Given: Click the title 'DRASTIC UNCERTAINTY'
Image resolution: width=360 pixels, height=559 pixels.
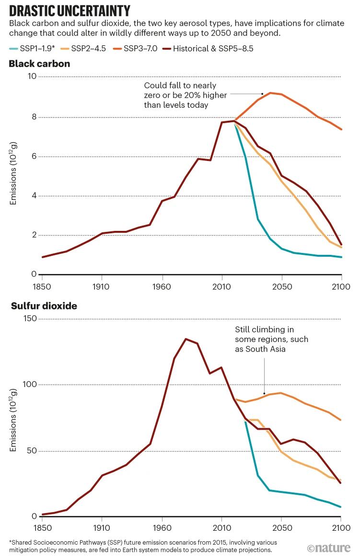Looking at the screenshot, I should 70,11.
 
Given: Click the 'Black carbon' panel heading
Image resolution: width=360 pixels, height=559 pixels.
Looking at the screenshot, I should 39,64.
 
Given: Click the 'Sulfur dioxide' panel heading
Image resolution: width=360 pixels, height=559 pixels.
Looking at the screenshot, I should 44,306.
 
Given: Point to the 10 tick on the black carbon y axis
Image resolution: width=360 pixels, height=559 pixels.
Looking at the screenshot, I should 32,77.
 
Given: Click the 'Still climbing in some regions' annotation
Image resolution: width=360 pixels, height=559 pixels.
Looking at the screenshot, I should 271,339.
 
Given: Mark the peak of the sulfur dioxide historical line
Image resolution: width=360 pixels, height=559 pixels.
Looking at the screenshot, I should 186,339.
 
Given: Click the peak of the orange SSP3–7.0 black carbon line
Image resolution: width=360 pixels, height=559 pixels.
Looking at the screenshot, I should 270,93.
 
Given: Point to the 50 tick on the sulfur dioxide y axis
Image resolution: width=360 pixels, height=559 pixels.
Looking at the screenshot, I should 32,451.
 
